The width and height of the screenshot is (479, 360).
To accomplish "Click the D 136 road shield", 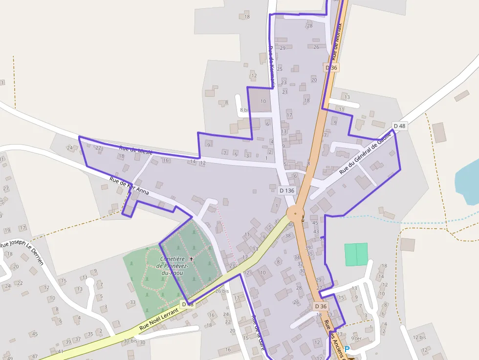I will pyautogui.click(x=287, y=191).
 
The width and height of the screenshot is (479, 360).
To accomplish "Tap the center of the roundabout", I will pyautogui.click(x=295, y=213).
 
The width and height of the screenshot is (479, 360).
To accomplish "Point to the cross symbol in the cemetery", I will pyautogui.click(x=192, y=258).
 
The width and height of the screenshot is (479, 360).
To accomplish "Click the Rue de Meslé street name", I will pyautogui.click(x=136, y=150).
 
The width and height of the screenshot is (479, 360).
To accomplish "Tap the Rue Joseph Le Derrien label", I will pyautogui.click(x=22, y=249).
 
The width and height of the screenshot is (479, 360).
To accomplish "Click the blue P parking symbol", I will pyautogui.click(x=347, y=349).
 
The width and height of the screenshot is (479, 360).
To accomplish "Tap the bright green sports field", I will pyautogui.click(x=356, y=254).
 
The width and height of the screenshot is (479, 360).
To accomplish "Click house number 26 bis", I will pyautogui.click(x=222, y=291).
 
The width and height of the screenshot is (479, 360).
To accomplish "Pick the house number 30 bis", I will pyautogui.click(x=131, y=340).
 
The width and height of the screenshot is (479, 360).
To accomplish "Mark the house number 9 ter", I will pyautogui.click(x=356, y=338).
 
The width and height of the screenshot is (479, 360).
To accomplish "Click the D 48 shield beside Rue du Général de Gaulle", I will pyautogui.click(x=399, y=126).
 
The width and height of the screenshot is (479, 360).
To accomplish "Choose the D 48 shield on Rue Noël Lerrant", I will pyautogui.click(x=188, y=304).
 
